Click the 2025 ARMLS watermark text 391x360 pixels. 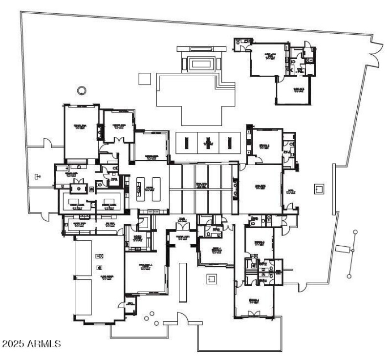click(31, 344)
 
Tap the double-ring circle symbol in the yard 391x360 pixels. click(82, 89)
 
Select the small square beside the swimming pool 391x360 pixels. click(144, 78)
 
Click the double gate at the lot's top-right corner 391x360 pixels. click(375, 52)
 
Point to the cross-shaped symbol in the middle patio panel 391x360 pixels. click(209, 142)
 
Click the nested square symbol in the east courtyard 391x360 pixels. click(319, 188)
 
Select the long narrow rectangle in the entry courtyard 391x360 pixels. click(183, 282)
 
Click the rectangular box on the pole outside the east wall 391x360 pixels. click(342, 250)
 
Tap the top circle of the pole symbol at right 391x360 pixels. click(355, 232)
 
